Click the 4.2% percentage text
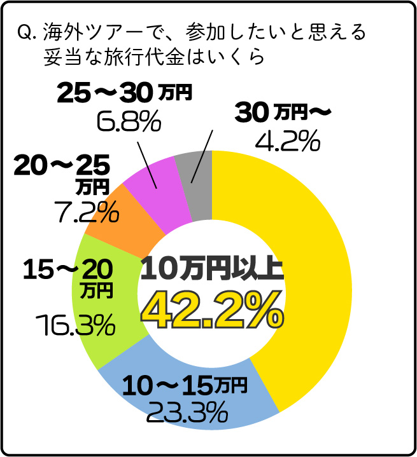click(286, 141)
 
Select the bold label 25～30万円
click(124, 93)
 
